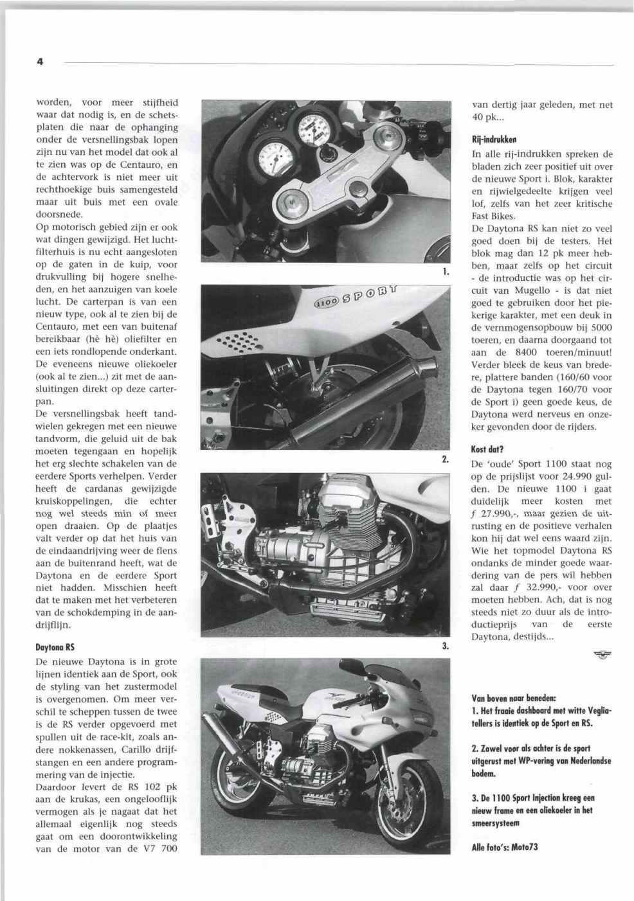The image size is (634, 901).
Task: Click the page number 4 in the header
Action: coord(39,62)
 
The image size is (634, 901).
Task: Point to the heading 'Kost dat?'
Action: coord(488,450)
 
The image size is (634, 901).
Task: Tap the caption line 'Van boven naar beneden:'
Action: coord(514,697)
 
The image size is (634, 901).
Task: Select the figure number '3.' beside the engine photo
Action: coord(444,647)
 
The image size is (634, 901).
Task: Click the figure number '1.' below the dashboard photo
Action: coord(445,272)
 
